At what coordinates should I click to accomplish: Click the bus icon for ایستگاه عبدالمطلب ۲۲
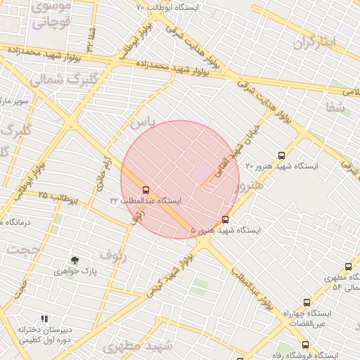(146, 190)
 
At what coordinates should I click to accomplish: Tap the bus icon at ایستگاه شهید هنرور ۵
(225, 219)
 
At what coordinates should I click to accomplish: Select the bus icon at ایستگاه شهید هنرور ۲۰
(282, 155)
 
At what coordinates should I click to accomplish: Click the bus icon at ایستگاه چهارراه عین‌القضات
(305, 302)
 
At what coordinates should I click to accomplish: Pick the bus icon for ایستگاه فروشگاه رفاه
(305, 345)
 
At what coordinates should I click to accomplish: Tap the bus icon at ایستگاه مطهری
(348, 266)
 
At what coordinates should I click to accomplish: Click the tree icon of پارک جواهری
(75, 260)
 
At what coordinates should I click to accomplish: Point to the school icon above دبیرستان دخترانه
(46, 319)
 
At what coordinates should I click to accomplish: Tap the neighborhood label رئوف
(112, 253)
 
